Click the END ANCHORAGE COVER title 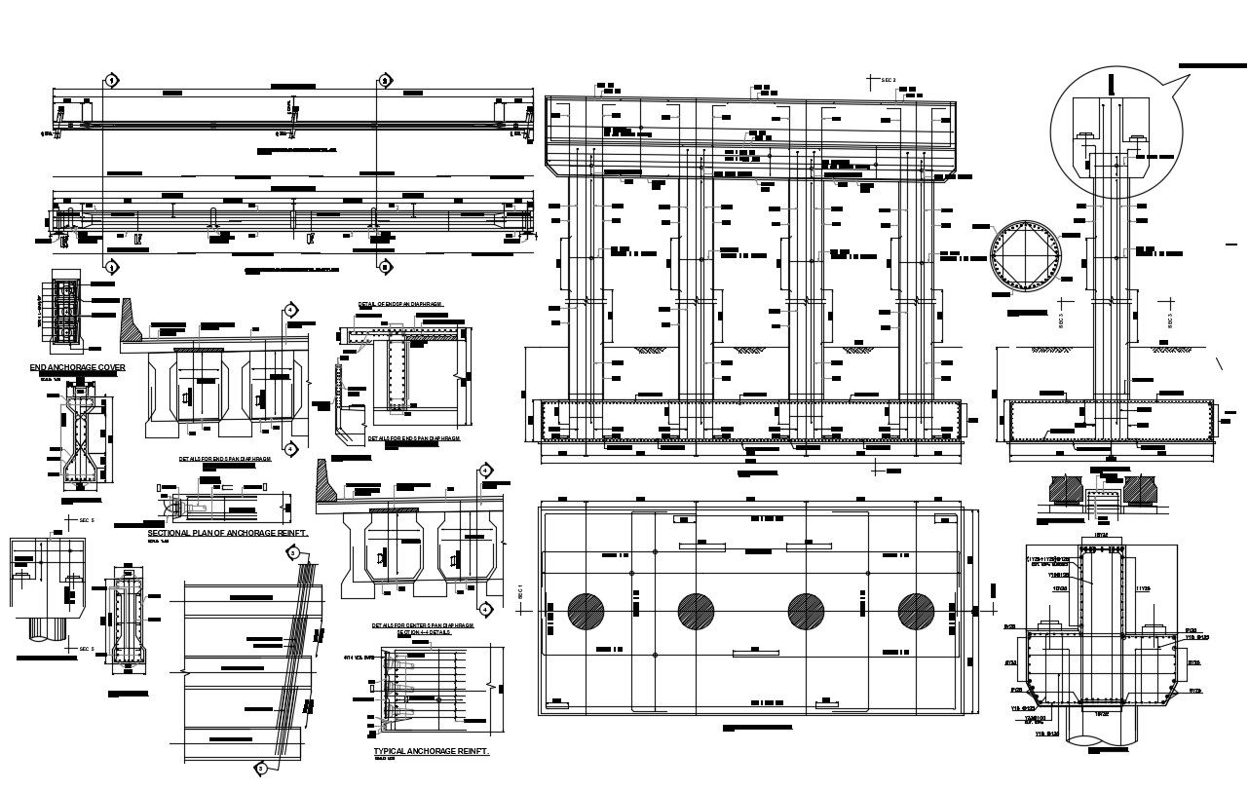(x=77, y=367)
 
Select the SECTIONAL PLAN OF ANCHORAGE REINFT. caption (x=227, y=534)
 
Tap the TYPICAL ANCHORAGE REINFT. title (x=431, y=752)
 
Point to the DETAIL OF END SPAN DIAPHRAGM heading (x=400, y=304)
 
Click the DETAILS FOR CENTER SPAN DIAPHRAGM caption (x=422, y=625)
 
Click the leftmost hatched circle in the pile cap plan (x=587, y=611)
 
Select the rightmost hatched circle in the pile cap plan (x=916, y=611)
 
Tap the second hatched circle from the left (x=696, y=611)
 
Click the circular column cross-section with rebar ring (x=1023, y=260)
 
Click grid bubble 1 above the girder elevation (x=112, y=80)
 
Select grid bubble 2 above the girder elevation (x=385, y=80)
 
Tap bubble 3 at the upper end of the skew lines (x=292, y=553)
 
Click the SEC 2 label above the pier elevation (x=888, y=79)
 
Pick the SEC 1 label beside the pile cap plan (x=521, y=593)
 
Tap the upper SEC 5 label (x=86, y=521)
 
